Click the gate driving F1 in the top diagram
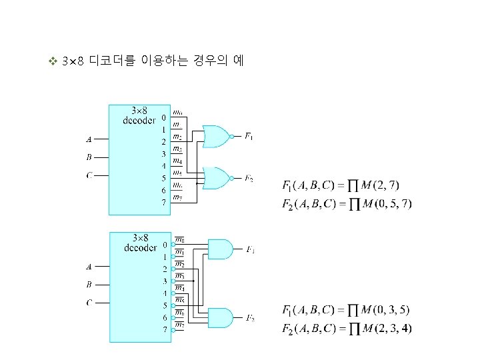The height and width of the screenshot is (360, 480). [x=215, y=136]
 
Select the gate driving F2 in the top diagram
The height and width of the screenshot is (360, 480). [x=215, y=177]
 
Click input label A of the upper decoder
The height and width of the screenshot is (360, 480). [x=89, y=139]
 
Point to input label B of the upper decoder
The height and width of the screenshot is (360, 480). [x=89, y=158]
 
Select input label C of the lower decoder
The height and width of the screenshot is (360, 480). [x=89, y=303]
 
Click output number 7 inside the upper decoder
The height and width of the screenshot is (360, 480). [x=163, y=203]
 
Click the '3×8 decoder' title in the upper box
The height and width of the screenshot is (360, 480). [x=140, y=115]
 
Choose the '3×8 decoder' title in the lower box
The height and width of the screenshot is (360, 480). [x=140, y=243]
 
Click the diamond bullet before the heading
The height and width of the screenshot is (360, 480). [x=53, y=62]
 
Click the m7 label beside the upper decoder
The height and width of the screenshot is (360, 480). [x=177, y=197]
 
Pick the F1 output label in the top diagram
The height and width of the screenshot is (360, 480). [x=249, y=137]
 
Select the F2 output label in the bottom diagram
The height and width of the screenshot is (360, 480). [x=250, y=318]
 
